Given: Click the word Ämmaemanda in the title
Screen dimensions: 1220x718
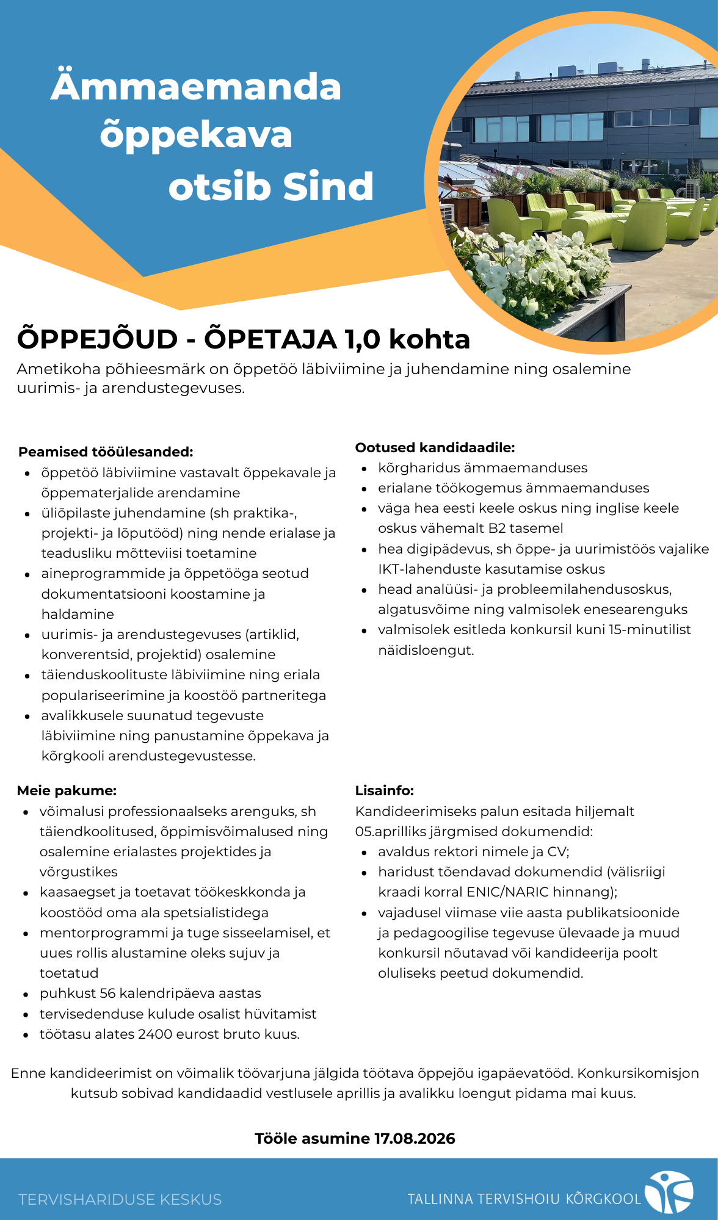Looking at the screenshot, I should coord(196,87).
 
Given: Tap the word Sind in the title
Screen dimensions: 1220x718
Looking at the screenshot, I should coord(328,187).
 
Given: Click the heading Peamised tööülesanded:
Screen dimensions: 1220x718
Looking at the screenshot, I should coord(106,452).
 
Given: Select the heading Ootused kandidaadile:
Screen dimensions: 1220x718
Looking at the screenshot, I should coord(435,447).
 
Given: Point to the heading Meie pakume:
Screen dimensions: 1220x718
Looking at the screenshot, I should coord(67,790).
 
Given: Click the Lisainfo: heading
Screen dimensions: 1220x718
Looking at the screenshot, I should coord(385,790).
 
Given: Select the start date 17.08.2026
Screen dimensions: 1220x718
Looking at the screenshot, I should coord(415,1138).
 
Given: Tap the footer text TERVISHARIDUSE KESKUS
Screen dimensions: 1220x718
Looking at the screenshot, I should coord(120,1199).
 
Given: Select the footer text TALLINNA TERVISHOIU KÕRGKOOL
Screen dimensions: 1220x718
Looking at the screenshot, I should coord(524,1199).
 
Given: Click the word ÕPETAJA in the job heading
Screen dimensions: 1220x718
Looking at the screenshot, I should coord(270,339).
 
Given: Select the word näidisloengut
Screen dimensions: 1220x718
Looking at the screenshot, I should coord(426,650).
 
